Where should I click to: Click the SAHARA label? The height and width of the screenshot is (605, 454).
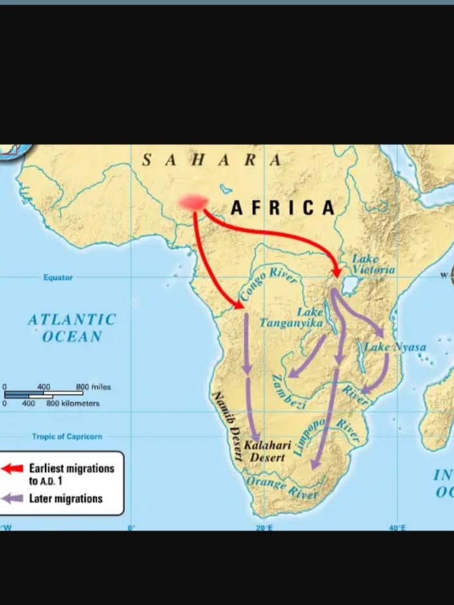point(212,161)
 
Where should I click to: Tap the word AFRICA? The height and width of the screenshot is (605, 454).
point(283,208)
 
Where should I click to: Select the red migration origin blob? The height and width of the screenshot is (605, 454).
point(194,203)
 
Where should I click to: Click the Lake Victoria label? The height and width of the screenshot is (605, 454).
point(372,264)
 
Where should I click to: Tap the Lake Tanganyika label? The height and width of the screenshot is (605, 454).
point(291,318)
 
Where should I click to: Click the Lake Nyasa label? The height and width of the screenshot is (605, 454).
point(395,347)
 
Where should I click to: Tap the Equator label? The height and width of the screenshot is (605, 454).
point(58,278)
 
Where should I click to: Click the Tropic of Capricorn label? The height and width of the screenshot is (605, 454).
point(67,437)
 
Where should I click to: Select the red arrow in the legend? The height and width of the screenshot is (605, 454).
point(13,469)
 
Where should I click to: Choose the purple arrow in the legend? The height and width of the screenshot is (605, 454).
point(13,498)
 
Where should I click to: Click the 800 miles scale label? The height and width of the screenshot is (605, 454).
point(93,387)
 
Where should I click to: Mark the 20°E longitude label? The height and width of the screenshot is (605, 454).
point(264,527)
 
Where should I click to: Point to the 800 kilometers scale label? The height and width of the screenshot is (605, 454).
point(73,404)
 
